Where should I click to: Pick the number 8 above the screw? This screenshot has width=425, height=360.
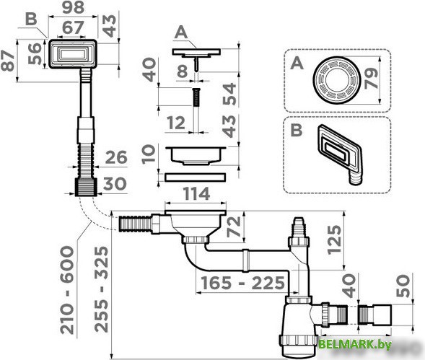tap(183, 71)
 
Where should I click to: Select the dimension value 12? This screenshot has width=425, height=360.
tap(175, 123)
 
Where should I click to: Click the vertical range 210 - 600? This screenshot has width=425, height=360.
tap(66, 289)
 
